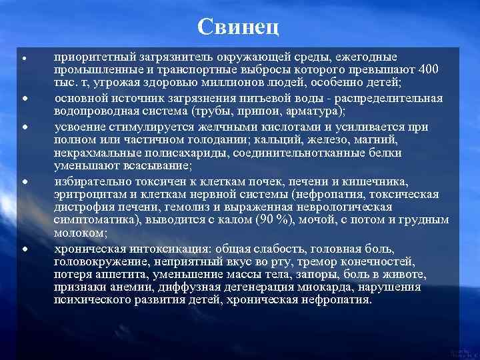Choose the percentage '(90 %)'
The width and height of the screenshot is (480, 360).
tap(274, 220)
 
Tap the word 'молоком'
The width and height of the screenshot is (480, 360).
tap(79, 233)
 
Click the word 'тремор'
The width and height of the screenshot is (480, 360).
tap(324, 261)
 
